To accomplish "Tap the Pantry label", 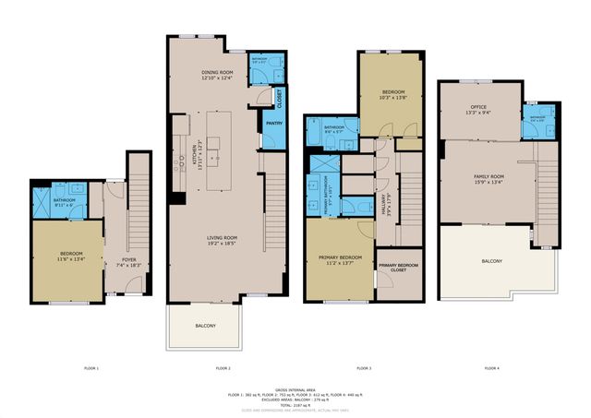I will click(x=274, y=123).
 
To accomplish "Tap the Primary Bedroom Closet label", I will click(x=396, y=268).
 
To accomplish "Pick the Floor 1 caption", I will click(x=91, y=368).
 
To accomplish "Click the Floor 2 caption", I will click(x=223, y=368).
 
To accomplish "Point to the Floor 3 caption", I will click(x=363, y=368).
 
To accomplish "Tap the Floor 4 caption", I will click(x=490, y=368).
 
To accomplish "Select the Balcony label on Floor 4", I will click(x=491, y=261).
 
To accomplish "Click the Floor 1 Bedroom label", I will click(x=71, y=256).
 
